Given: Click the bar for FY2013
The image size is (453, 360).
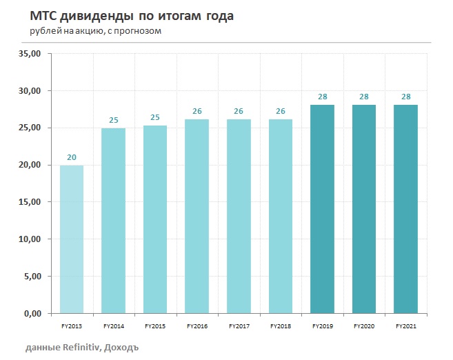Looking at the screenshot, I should (71, 239).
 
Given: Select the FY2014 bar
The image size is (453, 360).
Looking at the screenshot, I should (113, 221).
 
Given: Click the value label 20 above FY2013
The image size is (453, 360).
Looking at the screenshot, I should (71, 157).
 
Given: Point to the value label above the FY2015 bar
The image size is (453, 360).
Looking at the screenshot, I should (155, 117).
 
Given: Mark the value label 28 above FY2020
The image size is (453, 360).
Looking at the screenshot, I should (365, 97).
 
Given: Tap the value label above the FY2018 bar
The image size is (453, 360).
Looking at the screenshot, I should (281, 111).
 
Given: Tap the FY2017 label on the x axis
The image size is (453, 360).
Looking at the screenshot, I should (239, 325).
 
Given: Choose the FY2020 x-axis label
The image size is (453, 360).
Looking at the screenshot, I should (364, 325).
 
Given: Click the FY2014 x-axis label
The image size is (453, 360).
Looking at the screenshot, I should (113, 325).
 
